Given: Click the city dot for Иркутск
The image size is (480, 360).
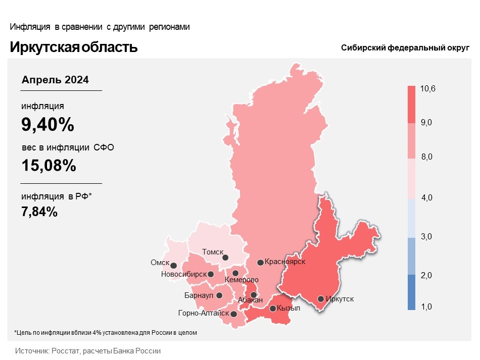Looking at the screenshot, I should pos(320,299).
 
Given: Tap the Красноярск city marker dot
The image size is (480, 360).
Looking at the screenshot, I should pos(260,263).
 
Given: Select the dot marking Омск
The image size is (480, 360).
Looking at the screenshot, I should pos(173,265).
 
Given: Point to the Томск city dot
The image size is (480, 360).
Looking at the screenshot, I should pos(225,258).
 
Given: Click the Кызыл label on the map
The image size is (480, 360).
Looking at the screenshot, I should pos(289,308).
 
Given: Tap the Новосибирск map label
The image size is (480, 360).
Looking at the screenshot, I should pos(183,274).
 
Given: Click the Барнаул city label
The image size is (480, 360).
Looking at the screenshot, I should pos(199,295).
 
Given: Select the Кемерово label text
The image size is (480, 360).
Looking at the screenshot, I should pos(242,280).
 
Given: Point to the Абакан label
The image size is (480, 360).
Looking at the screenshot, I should pos(250,300).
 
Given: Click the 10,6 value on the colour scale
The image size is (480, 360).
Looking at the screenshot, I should pos(427,89).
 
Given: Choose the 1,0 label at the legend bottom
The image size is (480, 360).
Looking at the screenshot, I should pos(427,306).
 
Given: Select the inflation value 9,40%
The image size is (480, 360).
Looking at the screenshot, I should pos(47,124).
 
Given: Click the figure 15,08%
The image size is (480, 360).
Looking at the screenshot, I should pos(49,165).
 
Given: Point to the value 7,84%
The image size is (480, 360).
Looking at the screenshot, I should pos(39,212).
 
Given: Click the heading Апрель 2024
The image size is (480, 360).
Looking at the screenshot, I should pos(56,80).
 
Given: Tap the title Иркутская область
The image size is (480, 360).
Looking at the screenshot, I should pos(74,47).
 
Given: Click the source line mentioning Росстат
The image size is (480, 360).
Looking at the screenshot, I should pos(88,350).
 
